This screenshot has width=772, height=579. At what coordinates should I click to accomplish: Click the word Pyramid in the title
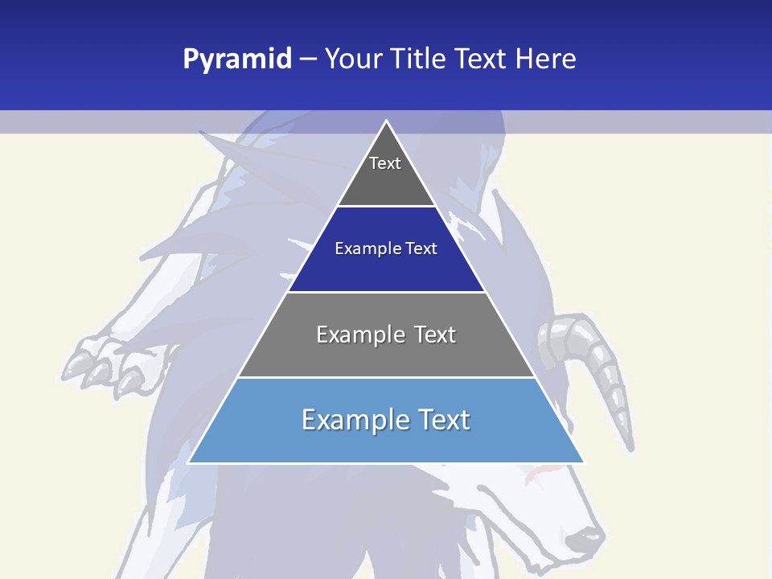click(x=237, y=60)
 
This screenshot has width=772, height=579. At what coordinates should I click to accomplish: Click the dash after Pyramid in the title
click(x=308, y=60)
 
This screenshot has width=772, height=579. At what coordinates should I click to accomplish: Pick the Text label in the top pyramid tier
click(x=385, y=163)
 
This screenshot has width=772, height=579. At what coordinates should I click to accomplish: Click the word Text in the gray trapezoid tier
click(x=435, y=335)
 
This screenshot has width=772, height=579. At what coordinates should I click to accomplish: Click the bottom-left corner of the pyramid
click(x=188, y=462)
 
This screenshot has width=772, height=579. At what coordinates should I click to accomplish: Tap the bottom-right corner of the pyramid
click(x=584, y=462)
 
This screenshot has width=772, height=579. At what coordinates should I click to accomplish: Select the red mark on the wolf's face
click(x=532, y=479)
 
